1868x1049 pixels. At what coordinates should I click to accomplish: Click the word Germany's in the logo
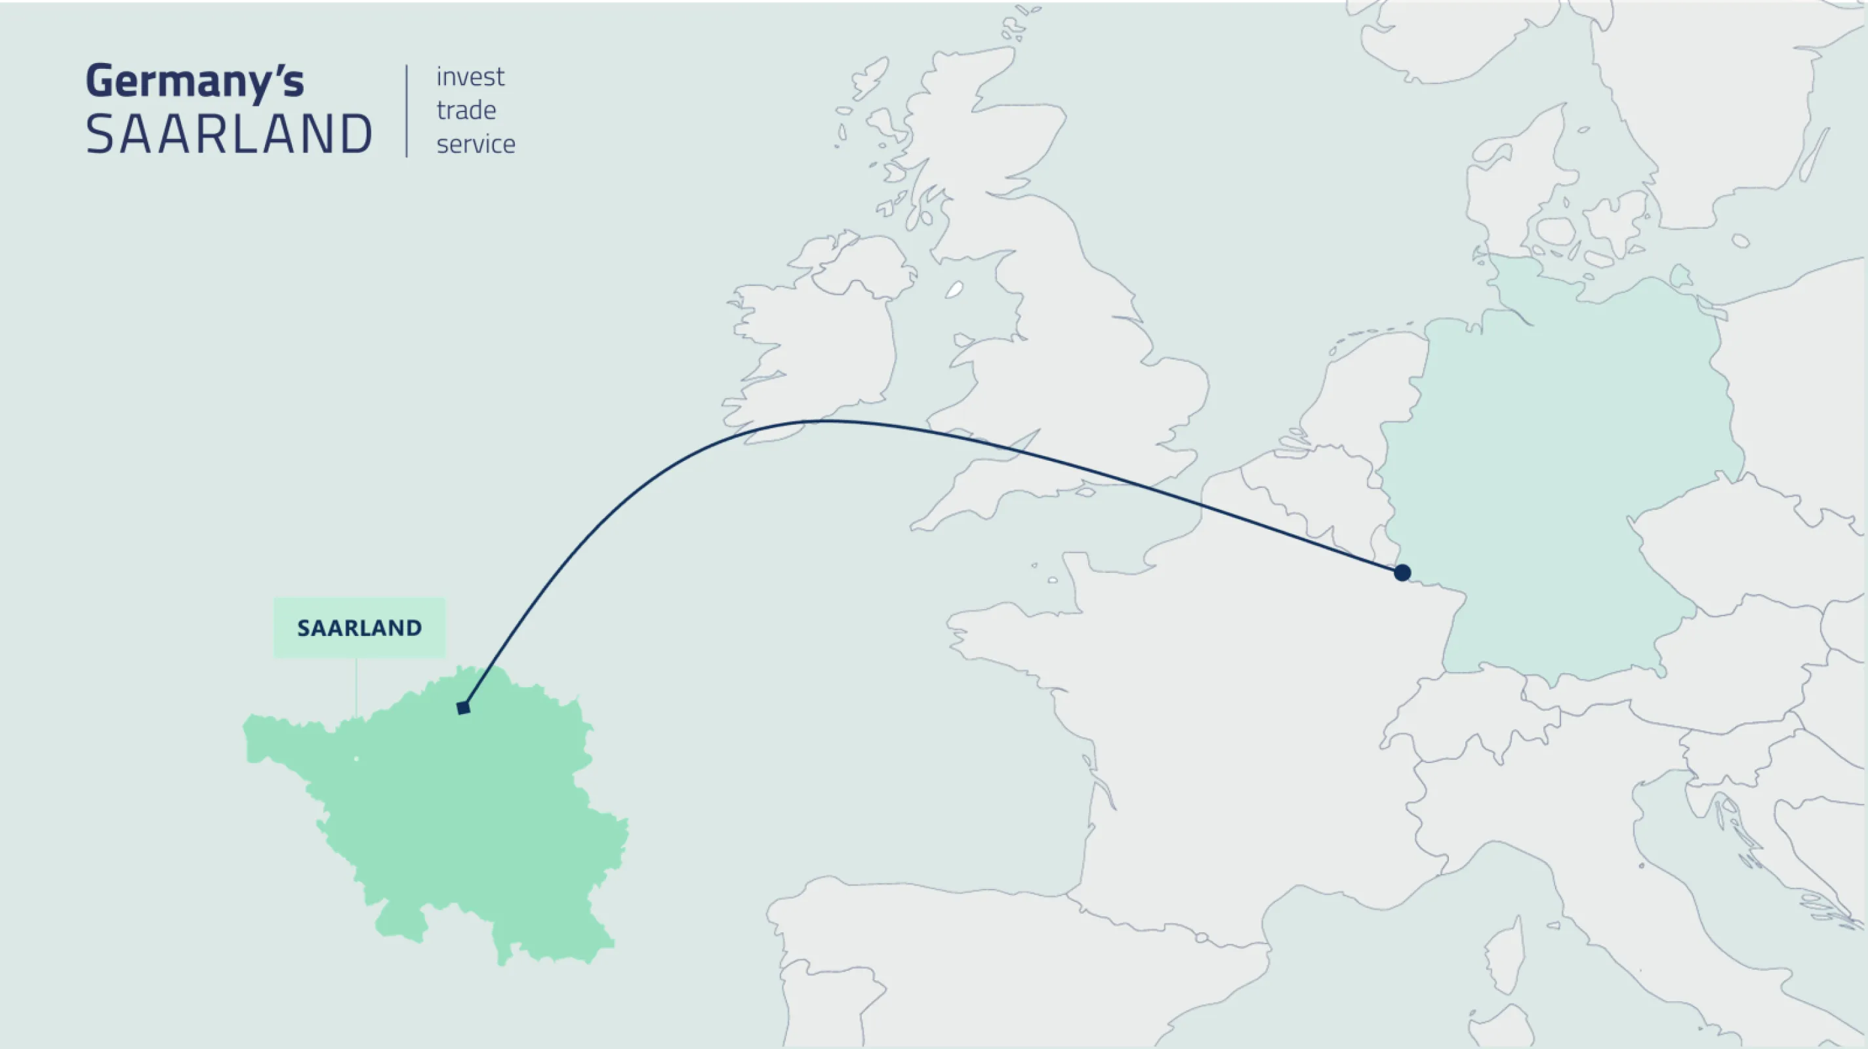pos(194,81)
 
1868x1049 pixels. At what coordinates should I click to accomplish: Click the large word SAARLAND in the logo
pos(229,135)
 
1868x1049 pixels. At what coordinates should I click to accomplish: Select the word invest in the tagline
pos(470,77)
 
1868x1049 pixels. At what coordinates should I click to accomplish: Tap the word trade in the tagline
pos(466,110)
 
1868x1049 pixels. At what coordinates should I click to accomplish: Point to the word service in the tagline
pos(476,144)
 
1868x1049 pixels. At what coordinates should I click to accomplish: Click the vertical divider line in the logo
pos(407,110)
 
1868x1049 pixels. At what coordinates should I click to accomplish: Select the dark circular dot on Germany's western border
pos(1402,573)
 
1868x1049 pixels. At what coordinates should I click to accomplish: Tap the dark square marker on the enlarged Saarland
pos(463,707)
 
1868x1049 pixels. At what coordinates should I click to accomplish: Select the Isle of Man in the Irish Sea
pos(954,290)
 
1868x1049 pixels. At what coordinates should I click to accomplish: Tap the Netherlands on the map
pos(1356,406)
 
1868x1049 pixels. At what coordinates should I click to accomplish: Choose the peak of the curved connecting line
pos(826,420)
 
